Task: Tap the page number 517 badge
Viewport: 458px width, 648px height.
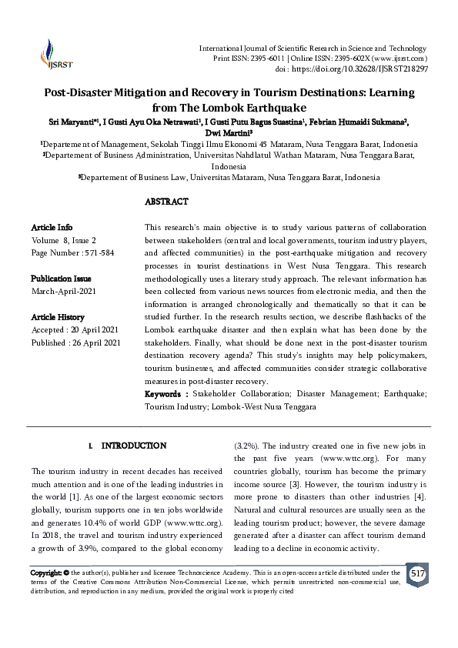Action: click(417, 575)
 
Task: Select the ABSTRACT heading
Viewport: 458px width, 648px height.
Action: click(167, 202)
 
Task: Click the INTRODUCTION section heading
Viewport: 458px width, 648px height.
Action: click(134, 446)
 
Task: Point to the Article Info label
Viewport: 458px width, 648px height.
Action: click(52, 228)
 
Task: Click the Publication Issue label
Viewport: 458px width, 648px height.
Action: click(61, 278)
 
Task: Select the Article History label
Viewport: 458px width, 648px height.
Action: click(59, 317)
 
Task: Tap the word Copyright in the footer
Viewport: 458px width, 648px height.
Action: click(45, 573)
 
